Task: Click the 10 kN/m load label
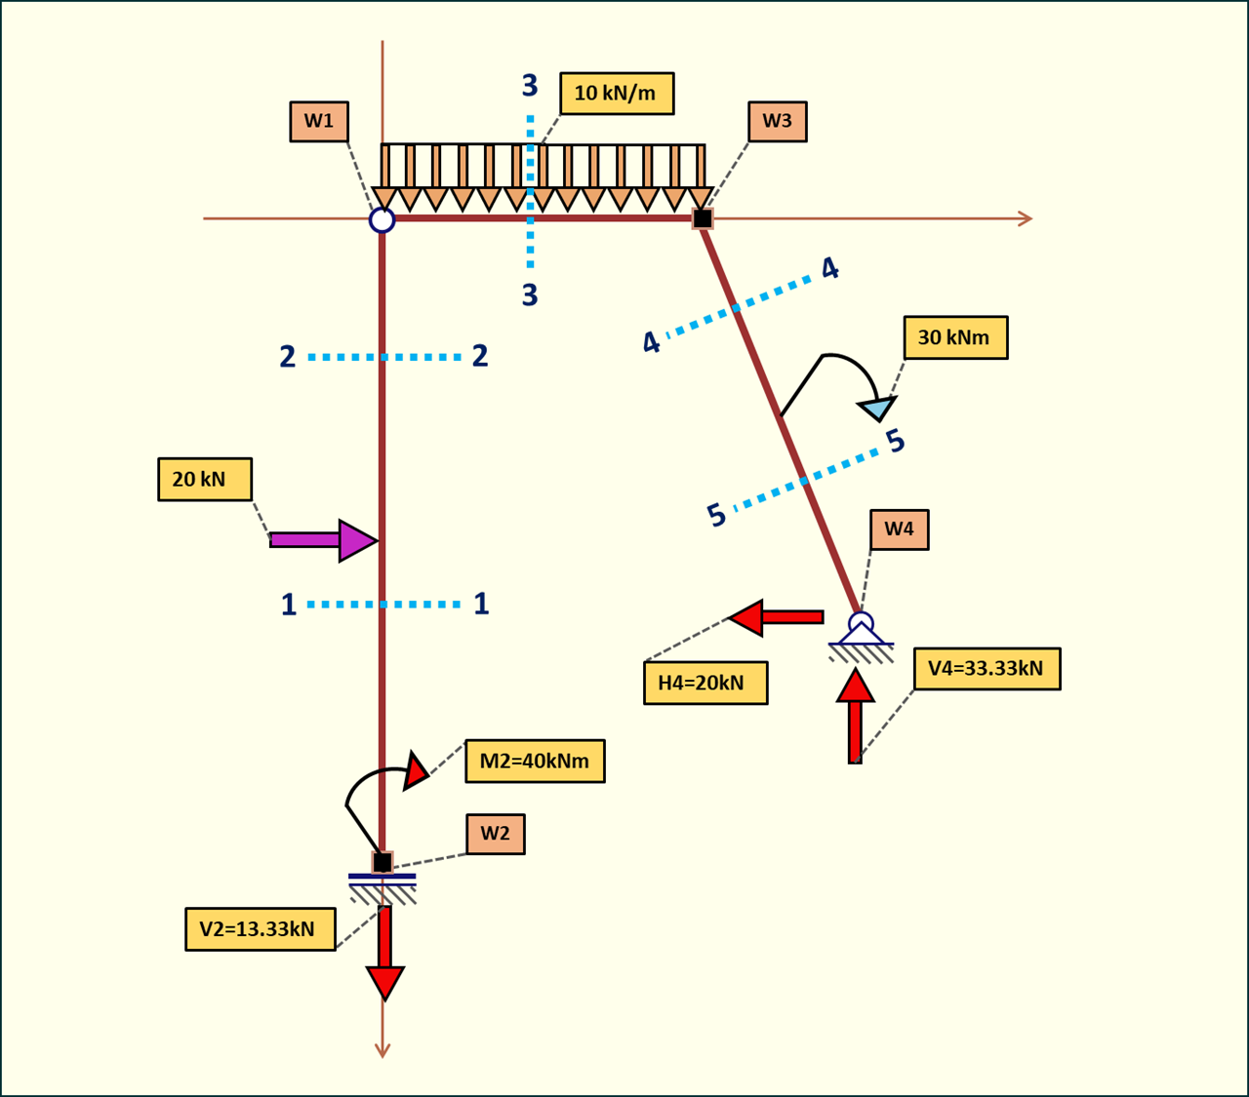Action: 616,94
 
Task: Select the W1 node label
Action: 319,121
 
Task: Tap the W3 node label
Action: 777,121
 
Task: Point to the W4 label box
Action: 899,529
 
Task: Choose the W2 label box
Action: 495,834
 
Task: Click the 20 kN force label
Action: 205,480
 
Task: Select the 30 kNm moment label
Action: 954,337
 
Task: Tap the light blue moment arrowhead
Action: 878,408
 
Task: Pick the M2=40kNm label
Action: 535,761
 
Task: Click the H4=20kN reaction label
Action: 705,683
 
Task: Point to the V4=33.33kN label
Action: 987,669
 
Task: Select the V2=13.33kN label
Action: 260,929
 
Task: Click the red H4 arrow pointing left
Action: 777,617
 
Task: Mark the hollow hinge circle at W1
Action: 382,219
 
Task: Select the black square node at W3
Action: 703,219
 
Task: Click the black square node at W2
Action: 383,862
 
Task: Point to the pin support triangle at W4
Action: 861,634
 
